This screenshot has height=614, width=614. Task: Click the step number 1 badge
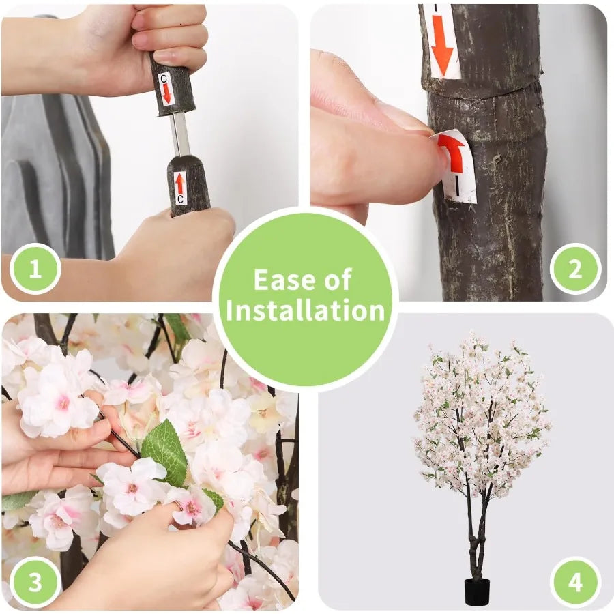35,269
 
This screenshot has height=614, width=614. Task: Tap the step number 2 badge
575,269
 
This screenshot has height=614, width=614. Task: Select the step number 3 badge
35,583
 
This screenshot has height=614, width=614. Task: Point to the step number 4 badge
575,583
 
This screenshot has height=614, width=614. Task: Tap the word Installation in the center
306,310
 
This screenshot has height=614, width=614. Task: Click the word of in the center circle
337,280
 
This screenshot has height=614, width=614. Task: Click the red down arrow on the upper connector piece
167,94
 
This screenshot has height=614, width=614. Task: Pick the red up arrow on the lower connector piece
179,184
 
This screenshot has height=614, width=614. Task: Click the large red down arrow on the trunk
442,45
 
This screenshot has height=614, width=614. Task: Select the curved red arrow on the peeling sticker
454,153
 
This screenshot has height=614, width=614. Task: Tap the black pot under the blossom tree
477,591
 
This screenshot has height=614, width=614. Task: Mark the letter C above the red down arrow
164,78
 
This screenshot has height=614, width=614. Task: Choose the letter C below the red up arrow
180,199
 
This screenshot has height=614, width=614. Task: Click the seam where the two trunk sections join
482,93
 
